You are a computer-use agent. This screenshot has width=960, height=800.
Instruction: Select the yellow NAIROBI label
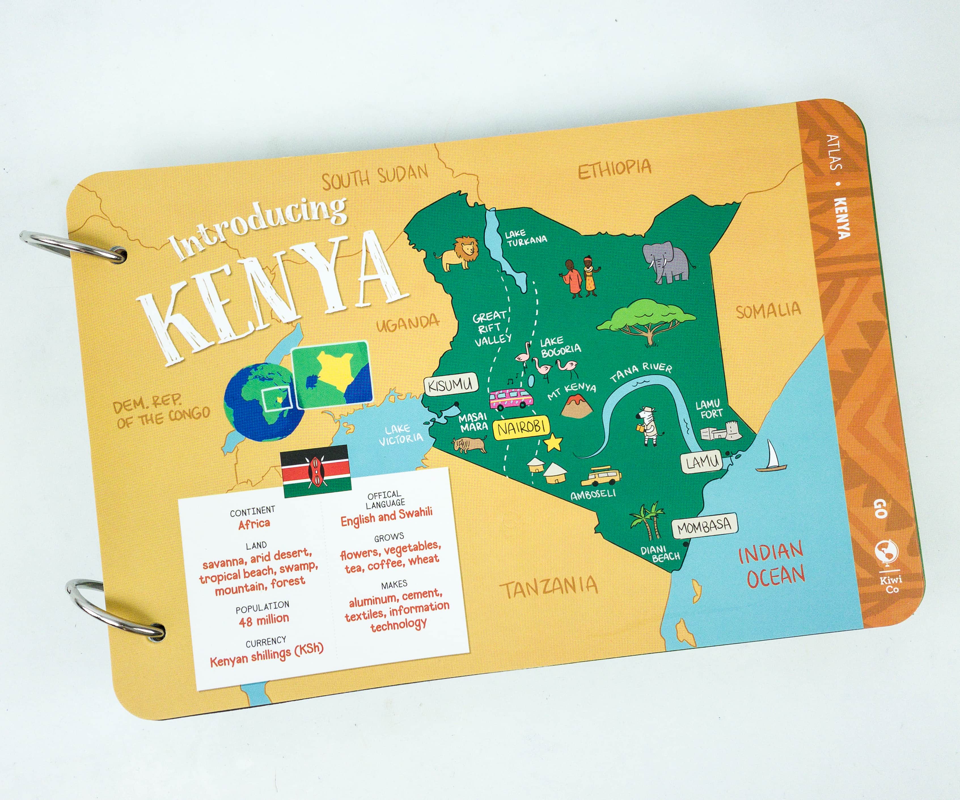tap(521, 427)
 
